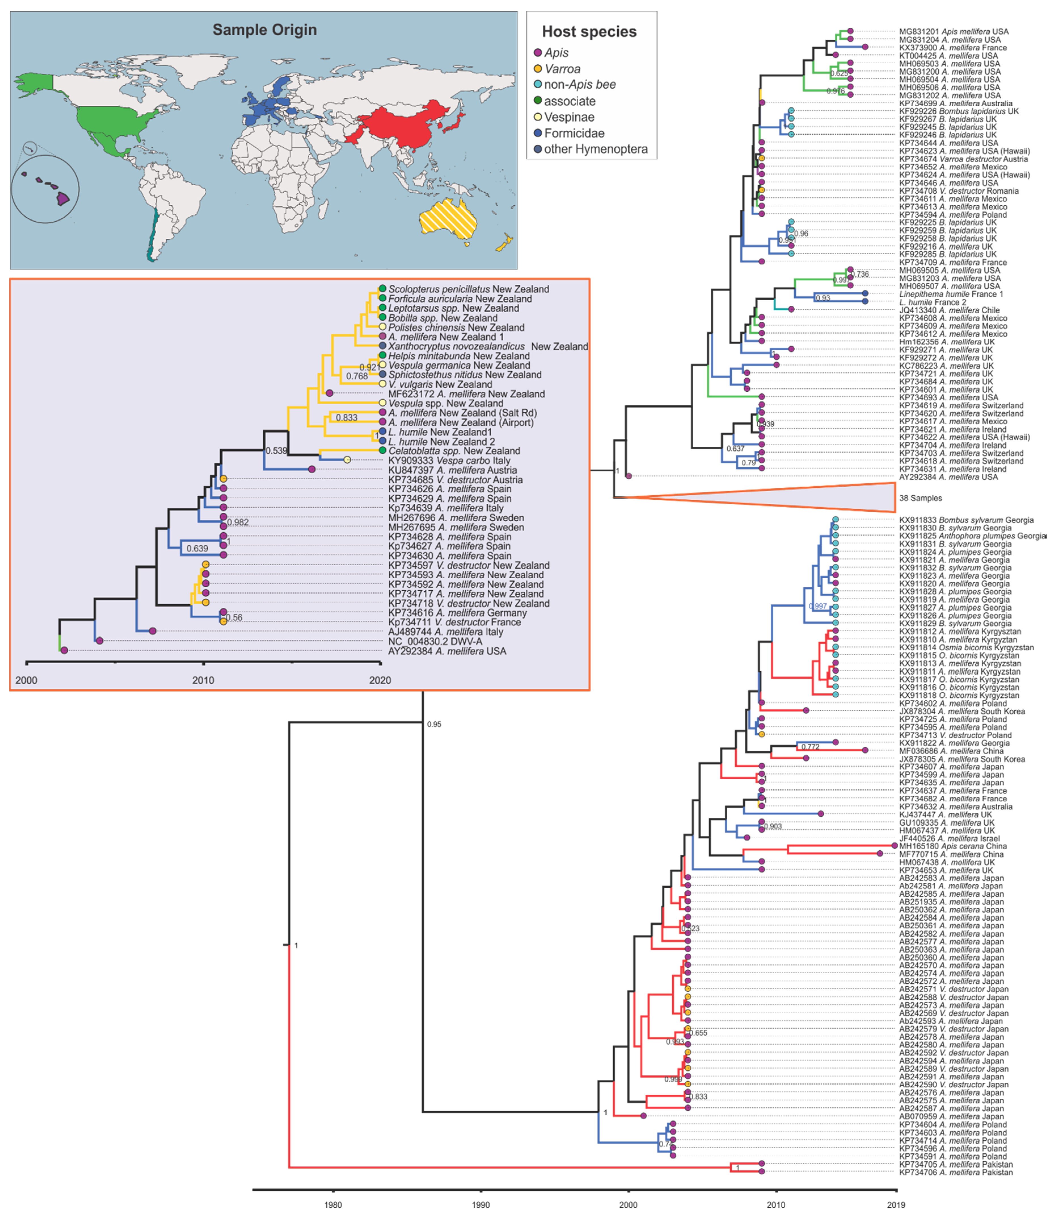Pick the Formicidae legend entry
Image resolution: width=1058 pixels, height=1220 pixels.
pos(574,134)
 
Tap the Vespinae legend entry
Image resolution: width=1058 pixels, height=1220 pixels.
pos(569,117)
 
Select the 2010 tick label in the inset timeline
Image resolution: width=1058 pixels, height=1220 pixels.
pos(203,680)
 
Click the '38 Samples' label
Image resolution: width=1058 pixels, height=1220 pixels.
pos(920,498)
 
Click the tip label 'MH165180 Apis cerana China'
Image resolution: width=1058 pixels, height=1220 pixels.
pos(953,846)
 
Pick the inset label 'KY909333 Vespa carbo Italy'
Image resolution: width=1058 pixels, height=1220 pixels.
pos(449,460)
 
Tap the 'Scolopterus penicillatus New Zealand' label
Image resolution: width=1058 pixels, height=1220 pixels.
pos(468,289)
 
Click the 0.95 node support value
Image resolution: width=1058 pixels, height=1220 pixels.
pos(434,724)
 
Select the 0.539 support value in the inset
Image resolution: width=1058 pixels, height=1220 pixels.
pos(276,451)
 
